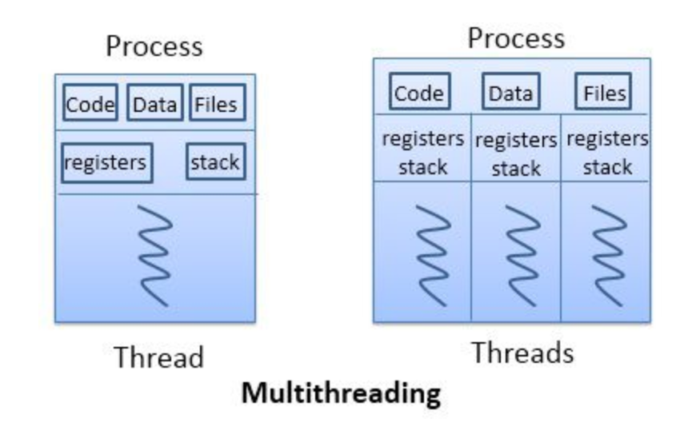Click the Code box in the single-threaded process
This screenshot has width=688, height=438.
pos(90,106)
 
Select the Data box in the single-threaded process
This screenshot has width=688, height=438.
pos(155,106)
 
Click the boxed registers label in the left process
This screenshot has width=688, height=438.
pos(106,162)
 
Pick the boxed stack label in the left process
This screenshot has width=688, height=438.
pos(215,162)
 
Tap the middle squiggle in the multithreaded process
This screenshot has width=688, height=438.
pos(516,253)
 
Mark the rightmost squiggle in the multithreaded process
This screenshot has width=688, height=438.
pos(606,253)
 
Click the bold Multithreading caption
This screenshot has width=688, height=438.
pos(342,393)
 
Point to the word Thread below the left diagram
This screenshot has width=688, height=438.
pos(158,356)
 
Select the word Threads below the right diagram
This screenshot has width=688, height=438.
pos(522,352)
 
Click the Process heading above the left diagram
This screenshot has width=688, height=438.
pos(154,46)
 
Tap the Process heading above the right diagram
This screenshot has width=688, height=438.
pos(516,38)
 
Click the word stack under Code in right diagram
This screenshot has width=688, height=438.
pos(422,167)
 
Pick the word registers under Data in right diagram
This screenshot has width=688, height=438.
pos(516,141)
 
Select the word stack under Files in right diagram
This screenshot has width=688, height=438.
pos(607,167)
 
